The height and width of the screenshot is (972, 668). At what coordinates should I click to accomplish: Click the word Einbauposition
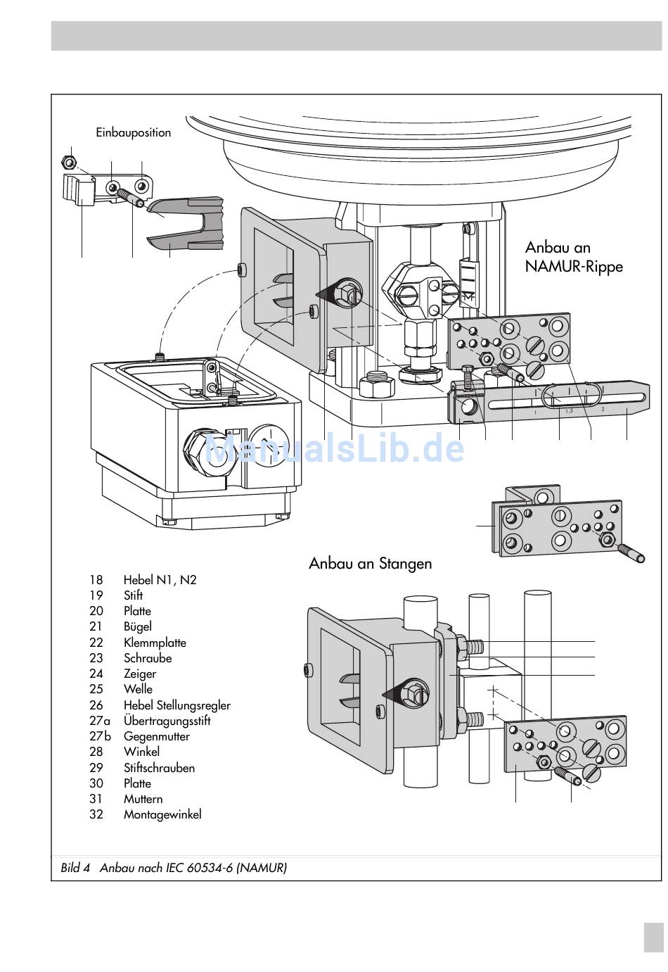133,133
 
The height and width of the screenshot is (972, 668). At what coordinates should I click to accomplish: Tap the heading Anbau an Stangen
370,564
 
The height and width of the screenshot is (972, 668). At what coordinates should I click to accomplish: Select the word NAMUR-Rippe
574,266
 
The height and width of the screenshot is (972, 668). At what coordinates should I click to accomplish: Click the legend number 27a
100,721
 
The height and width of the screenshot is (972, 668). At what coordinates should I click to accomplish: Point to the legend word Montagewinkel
162,814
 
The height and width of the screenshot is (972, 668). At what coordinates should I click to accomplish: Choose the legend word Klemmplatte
155,643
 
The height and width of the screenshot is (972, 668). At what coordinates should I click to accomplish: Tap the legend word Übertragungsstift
167,721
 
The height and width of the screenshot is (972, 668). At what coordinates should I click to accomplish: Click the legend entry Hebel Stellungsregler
177,705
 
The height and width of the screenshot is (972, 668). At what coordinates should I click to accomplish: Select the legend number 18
96,580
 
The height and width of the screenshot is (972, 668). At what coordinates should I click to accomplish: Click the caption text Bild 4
75,868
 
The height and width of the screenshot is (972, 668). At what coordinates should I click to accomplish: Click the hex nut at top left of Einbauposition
68,163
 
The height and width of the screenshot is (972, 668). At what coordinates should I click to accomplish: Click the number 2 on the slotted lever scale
603,409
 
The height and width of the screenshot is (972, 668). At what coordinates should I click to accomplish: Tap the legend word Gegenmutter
157,737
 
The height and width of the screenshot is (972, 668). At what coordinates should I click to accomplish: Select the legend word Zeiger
140,674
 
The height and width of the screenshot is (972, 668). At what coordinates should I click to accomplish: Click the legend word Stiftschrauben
159,768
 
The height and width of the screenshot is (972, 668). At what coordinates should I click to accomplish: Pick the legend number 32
96,814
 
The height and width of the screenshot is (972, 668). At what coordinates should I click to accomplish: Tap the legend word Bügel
137,627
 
